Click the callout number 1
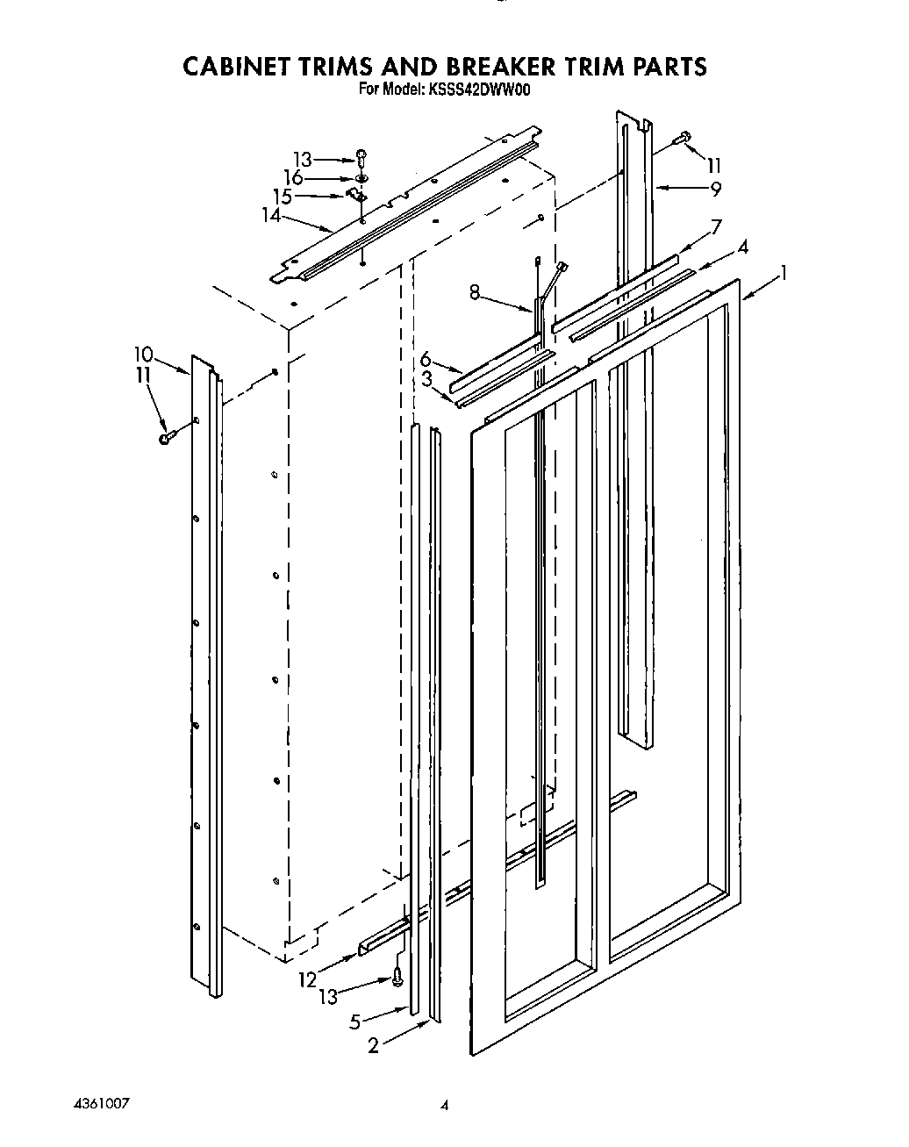(784, 274)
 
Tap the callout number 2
(374, 1045)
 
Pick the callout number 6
(427, 358)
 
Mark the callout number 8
(474, 293)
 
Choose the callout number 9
(717, 187)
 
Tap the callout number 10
(143, 355)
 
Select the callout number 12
(307, 979)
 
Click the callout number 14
(271, 213)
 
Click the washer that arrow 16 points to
(361, 178)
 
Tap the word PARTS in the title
(668, 67)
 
